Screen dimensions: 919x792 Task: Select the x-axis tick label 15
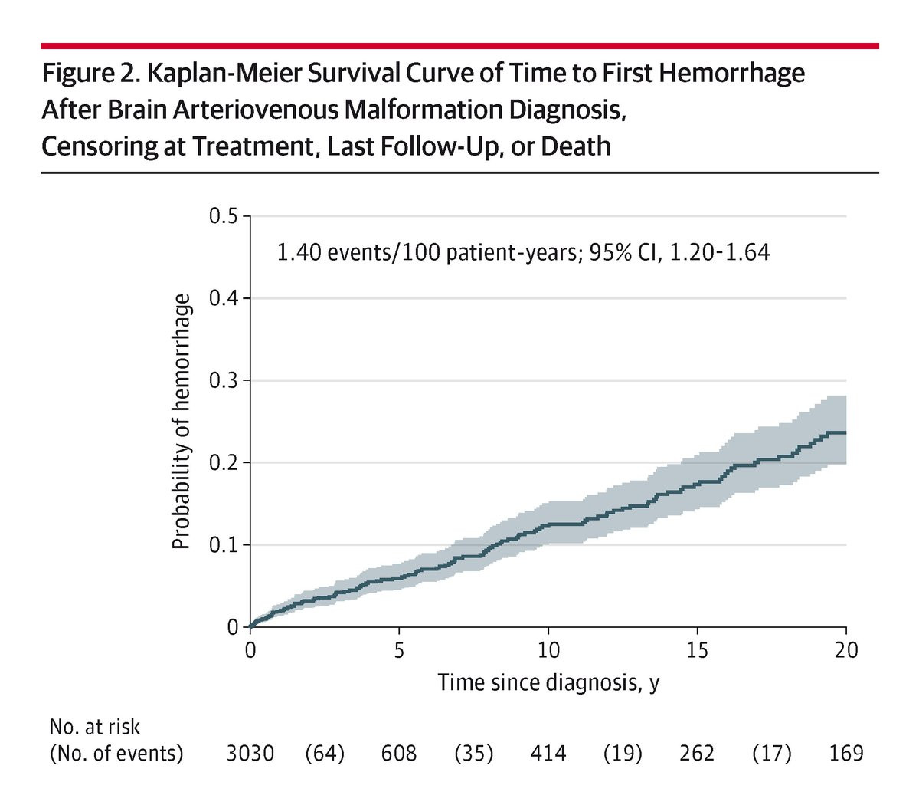pyautogui.click(x=697, y=650)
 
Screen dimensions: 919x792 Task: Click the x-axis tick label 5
pyautogui.click(x=399, y=650)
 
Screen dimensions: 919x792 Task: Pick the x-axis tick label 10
pyautogui.click(x=548, y=650)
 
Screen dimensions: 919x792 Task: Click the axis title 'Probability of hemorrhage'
pyautogui.click(x=182, y=422)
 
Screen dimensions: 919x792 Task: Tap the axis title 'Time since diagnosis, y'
pyautogui.click(x=548, y=682)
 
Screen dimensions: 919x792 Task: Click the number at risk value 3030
pyautogui.click(x=250, y=753)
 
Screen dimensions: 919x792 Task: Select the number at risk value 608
pyautogui.click(x=399, y=753)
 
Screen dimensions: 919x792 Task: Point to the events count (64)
pyautogui.click(x=325, y=753)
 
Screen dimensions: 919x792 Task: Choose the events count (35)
pyautogui.click(x=474, y=753)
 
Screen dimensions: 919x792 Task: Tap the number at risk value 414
pyautogui.click(x=548, y=753)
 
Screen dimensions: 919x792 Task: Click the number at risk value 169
pyautogui.click(x=846, y=753)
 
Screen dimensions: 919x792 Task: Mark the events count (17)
pyautogui.click(x=772, y=753)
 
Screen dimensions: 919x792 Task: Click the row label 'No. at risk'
pyautogui.click(x=95, y=727)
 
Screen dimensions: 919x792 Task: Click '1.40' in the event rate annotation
pyautogui.click(x=298, y=252)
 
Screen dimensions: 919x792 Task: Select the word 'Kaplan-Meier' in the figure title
pyautogui.click(x=224, y=74)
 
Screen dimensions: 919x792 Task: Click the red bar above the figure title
pyautogui.click(x=460, y=46)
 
